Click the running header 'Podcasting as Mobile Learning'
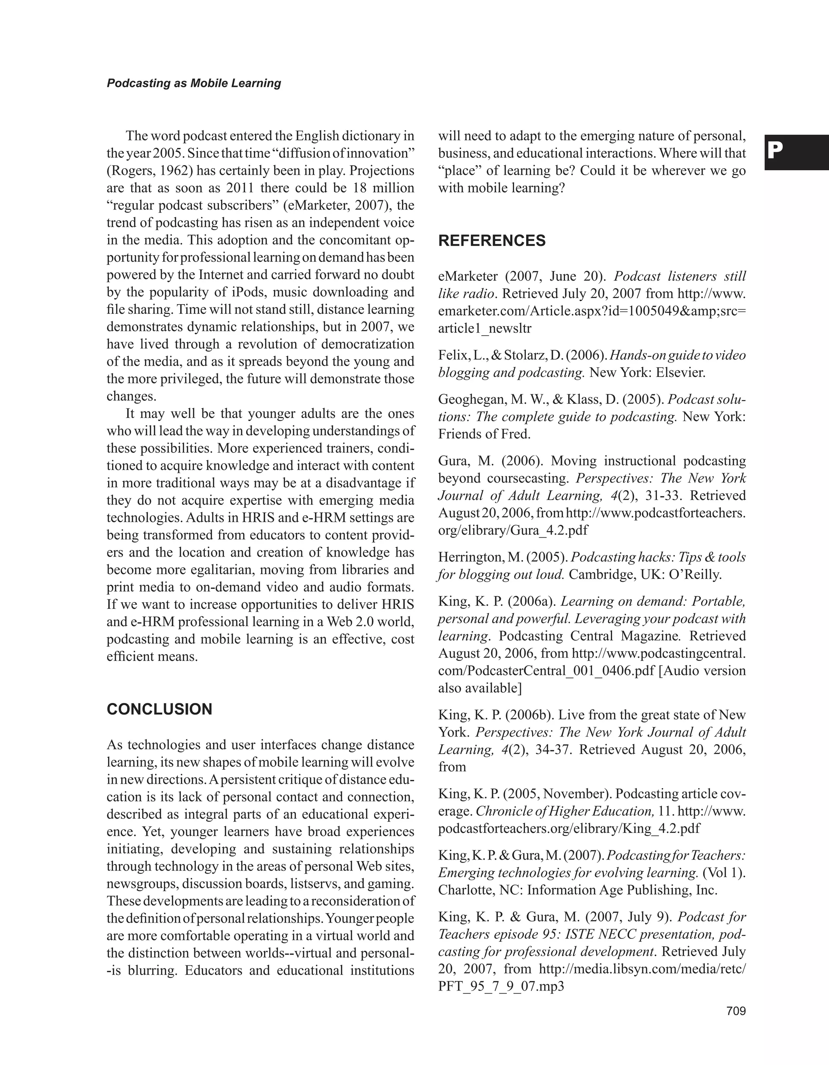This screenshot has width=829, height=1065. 194,83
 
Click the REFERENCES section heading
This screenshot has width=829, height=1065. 492,241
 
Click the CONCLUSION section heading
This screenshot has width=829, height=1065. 159,709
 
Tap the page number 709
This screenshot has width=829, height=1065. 736,1011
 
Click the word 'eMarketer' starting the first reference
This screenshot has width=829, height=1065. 468,277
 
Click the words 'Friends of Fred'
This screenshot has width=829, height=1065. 484,434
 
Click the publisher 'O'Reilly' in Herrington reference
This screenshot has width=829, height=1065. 694,575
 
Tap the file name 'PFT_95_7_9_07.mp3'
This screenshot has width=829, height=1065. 501,987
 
